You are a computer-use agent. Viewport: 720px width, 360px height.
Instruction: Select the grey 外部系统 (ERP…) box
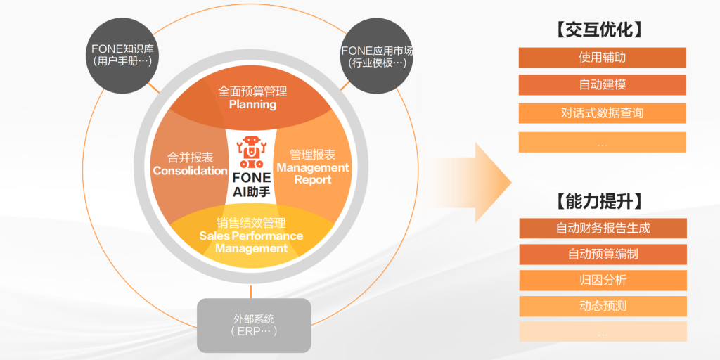pyautogui.click(x=253, y=325)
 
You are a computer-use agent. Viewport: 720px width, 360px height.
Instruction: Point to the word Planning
pyautogui.click(x=252, y=105)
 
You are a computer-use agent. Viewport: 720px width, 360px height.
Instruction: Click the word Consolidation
pyautogui.click(x=190, y=171)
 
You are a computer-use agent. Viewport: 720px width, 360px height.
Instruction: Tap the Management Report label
pyautogui.click(x=313, y=174)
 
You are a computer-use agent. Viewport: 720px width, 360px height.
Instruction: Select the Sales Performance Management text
pyautogui.click(x=251, y=242)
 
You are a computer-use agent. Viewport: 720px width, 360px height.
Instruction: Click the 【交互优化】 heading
pyautogui.click(x=602, y=30)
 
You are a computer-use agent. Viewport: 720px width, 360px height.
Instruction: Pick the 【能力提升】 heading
pyautogui.click(x=602, y=201)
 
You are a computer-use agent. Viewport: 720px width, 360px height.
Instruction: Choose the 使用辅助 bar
pyautogui.click(x=602, y=58)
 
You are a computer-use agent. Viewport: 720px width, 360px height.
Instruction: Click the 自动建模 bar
pyautogui.click(x=602, y=85)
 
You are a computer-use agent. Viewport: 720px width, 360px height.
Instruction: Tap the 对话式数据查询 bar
pyautogui.click(x=602, y=113)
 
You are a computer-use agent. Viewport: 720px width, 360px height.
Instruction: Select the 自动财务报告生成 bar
pyautogui.click(x=603, y=228)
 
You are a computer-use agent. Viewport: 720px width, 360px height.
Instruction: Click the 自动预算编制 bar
pyautogui.click(x=603, y=254)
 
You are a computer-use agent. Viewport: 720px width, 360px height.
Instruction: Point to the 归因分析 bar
pyautogui.click(x=603, y=280)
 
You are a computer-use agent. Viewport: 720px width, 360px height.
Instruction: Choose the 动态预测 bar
pyautogui.click(x=603, y=306)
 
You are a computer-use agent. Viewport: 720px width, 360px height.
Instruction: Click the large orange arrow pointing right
pyautogui.click(x=489, y=182)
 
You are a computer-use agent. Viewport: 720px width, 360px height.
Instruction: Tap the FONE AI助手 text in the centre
pyautogui.click(x=251, y=184)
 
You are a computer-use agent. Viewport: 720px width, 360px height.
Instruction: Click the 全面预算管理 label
pyautogui.click(x=252, y=91)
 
